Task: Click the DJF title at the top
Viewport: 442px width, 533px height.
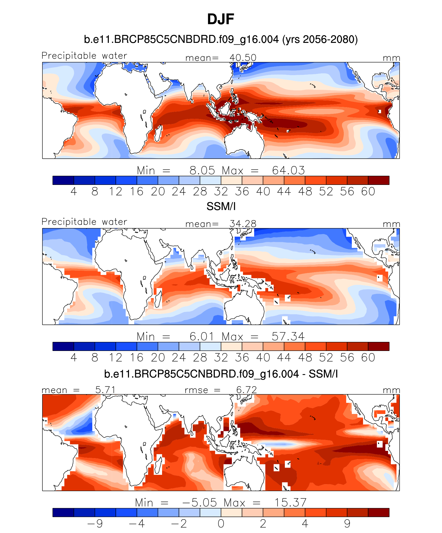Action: (220, 19)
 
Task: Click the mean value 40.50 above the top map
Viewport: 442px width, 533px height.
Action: (243, 58)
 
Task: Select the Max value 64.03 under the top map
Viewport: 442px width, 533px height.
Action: (288, 170)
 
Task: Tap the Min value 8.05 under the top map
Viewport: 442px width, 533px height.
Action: (202, 170)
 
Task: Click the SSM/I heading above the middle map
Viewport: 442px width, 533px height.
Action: (221, 207)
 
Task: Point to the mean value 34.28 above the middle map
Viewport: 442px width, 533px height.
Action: (243, 224)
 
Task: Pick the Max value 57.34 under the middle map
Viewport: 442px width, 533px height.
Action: (288, 336)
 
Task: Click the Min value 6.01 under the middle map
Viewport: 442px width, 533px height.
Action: (202, 336)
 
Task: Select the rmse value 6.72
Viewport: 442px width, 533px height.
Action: (246, 390)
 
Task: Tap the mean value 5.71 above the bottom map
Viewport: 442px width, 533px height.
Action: (105, 390)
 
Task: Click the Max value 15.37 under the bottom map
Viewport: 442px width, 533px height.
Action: (290, 503)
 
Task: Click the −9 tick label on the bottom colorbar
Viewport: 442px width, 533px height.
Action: (95, 524)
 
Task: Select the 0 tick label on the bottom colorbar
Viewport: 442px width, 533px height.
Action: (221, 524)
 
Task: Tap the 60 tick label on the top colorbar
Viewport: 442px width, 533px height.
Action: (368, 192)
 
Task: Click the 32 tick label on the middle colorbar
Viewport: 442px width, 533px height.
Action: (221, 358)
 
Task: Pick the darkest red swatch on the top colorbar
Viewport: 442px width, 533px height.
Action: (379, 180)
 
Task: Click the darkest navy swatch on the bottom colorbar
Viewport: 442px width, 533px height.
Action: (63, 512)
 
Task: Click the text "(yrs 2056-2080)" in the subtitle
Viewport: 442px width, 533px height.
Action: (320, 40)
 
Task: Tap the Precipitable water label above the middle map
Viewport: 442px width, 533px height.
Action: (84, 222)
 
